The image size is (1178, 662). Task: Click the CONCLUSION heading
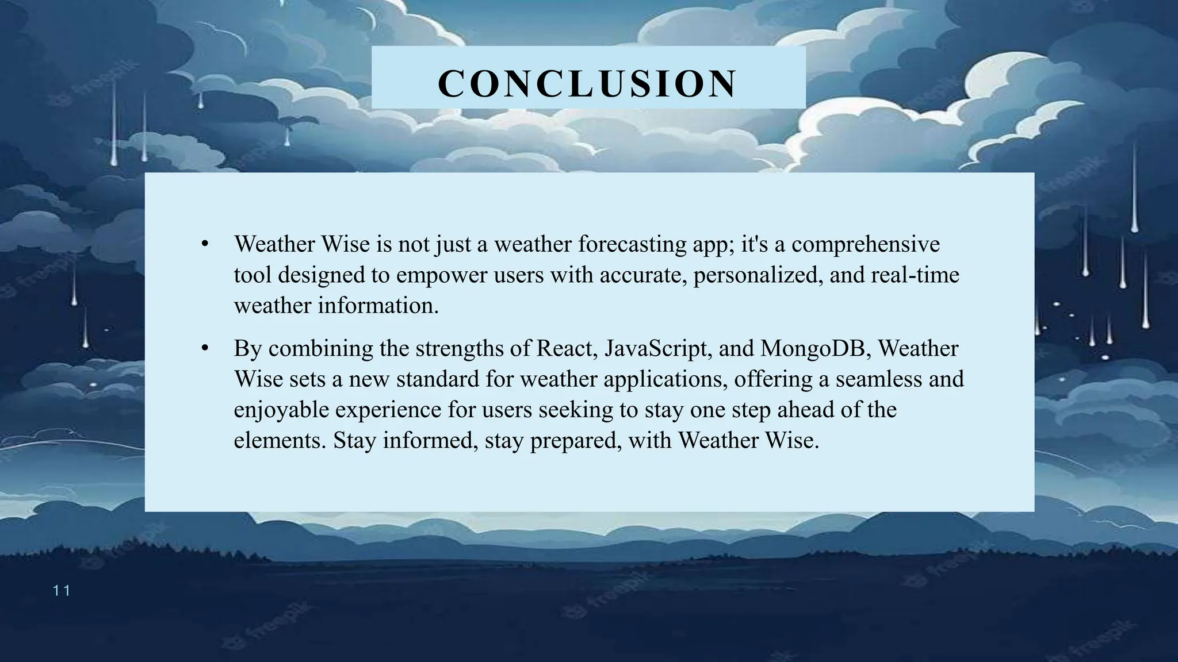(587, 84)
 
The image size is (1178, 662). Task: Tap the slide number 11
(61, 591)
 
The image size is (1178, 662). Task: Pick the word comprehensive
(866, 244)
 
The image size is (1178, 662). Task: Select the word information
(378, 305)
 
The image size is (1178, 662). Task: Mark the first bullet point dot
(204, 244)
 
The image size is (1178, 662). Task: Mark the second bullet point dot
(204, 348)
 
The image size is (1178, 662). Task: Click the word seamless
(878, 379)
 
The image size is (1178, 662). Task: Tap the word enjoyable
(281, 410)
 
